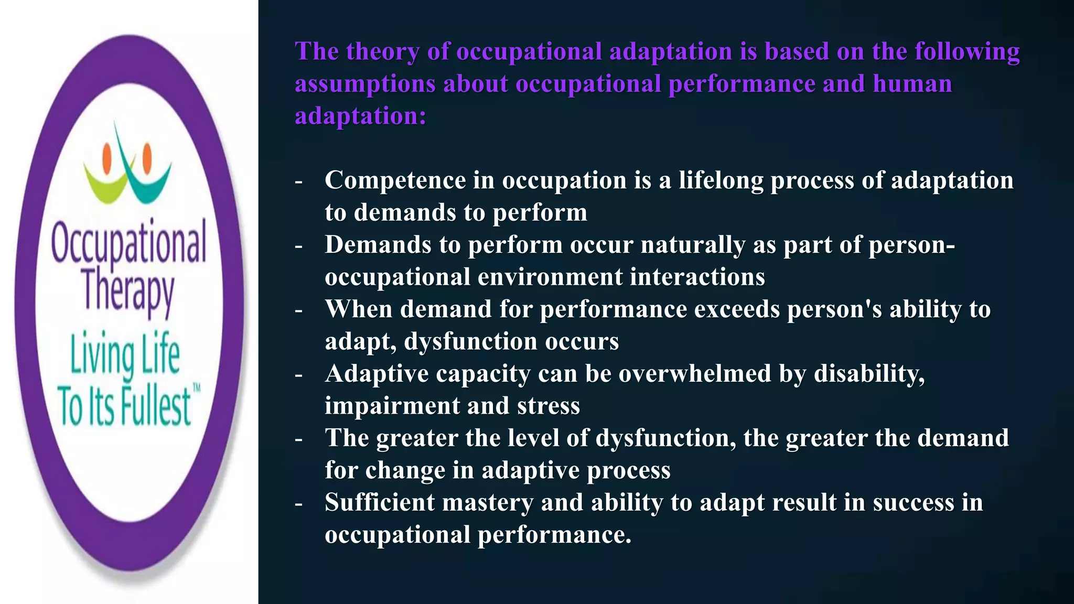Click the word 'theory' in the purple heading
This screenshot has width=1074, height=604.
382,52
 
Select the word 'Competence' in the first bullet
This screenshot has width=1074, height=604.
395,181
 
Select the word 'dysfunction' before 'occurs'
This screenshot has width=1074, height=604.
470,342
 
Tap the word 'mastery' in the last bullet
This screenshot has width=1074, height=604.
488,503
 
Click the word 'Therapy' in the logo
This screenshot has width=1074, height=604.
127,291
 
